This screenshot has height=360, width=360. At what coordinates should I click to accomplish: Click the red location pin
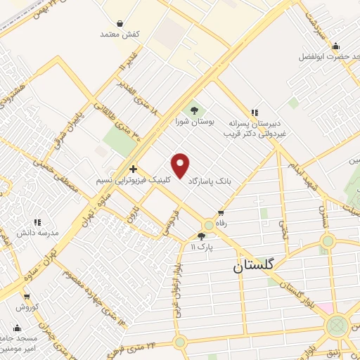pyautogui.click(x=181, y=166)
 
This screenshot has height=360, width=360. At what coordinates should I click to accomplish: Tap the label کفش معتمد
pyautogui.click(x=120, y=34)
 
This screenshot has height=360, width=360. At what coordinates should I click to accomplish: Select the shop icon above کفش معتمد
pyautogui.click(x=120, y=23)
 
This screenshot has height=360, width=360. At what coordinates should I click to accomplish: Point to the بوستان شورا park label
pyautogui.click(x=193, y=122)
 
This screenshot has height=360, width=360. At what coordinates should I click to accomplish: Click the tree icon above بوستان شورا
pyautogui.click(x=194, y=110)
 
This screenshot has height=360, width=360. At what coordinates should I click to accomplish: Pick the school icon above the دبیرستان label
pyautogui.click(x=255, y=112)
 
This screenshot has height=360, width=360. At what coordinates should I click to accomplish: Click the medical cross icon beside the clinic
pyautogui.click(x=133, y=169)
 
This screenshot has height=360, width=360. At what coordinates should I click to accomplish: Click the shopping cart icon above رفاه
pyautogui.click(x=221, y=213)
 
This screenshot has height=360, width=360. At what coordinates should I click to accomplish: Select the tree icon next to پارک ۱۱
pyautogui.click(x=202, y=236)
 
